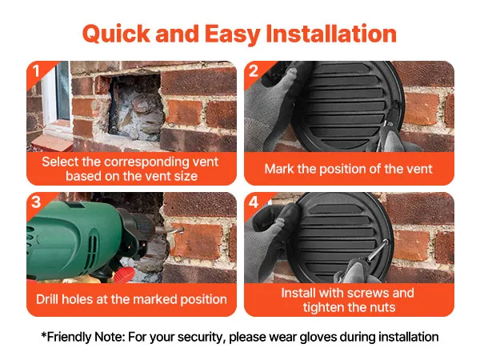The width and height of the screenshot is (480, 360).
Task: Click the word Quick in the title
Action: (x=116, y=34)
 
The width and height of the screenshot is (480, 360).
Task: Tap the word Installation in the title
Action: (x=331, y=34)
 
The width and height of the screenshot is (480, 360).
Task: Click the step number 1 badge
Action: (x=36, y=71)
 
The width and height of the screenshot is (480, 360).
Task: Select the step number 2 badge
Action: (x=254, y=71)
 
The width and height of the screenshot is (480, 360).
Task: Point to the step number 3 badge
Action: (x=36, y=202)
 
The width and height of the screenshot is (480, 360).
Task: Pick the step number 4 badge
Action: (x=254, y=202)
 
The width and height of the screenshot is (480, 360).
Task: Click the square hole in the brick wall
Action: (x=135, y=106)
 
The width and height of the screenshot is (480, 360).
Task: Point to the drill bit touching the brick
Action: (x=170, y=230)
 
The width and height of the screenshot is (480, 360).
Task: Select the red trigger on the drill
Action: (x=125, y=274)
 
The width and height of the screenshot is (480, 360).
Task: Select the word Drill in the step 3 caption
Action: (x=47, y=299)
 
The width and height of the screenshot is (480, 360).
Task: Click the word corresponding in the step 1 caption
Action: (x=143, y=162)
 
